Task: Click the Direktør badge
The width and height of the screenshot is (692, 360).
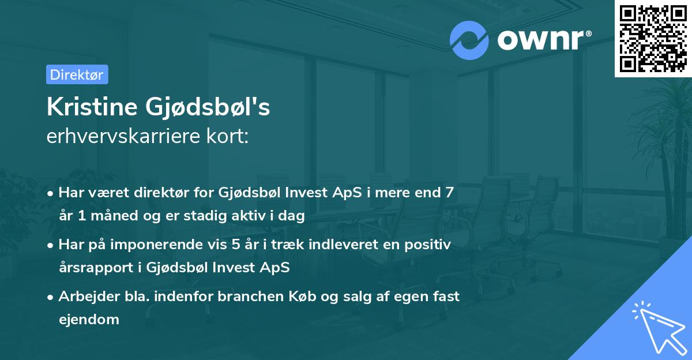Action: (77, 74)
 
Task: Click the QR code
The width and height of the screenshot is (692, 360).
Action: (653, 38)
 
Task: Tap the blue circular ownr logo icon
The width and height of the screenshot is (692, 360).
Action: (469, 40)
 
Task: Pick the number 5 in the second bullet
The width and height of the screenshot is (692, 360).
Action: (236, 245)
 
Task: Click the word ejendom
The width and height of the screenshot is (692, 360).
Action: (89, 319)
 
